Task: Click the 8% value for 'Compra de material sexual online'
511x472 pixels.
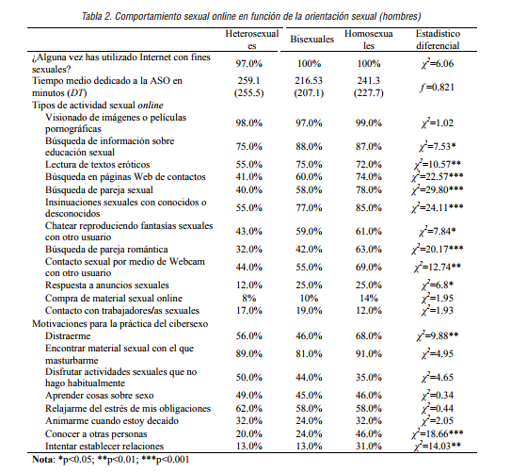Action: tap(248, 296)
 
